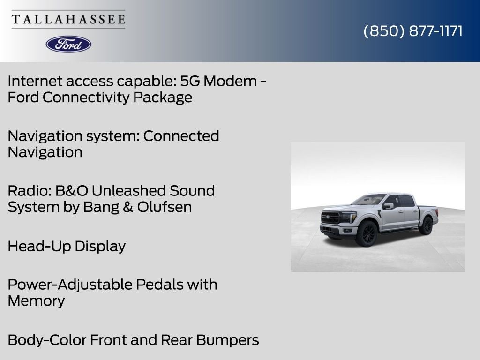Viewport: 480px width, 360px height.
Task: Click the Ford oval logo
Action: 68,45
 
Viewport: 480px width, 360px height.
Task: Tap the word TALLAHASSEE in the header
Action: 68,19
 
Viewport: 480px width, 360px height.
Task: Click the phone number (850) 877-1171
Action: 413,31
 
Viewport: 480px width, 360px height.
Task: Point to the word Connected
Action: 181,136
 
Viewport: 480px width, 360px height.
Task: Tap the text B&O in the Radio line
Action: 72,191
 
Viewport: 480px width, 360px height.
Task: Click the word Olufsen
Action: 165,207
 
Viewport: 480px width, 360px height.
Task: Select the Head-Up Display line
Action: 67,246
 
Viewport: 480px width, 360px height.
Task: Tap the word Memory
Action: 36,300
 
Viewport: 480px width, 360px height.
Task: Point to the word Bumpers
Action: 228,340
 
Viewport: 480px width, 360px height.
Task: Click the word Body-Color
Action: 47,340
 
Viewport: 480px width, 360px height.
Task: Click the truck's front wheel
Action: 367,233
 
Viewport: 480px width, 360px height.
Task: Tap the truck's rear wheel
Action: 426,225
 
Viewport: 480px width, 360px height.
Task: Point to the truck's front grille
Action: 330,217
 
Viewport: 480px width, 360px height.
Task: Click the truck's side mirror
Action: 388,206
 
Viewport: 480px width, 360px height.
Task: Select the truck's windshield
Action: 368,200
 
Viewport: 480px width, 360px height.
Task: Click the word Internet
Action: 34,81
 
